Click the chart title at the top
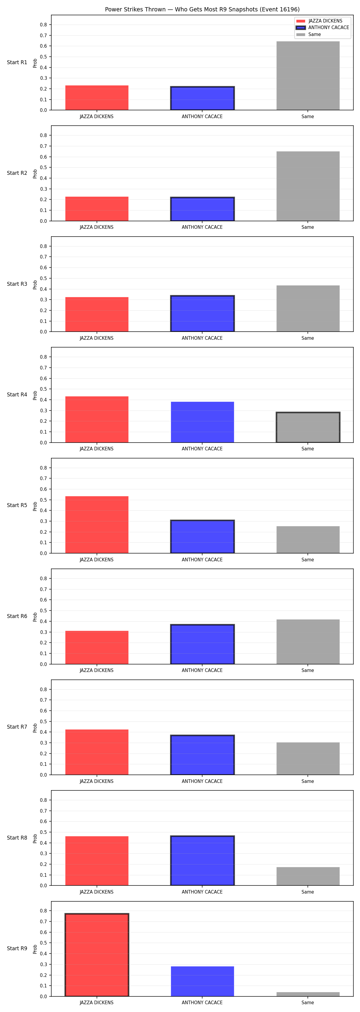tap(202, 9)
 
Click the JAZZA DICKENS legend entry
tap(319, 21)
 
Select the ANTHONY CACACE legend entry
tap(322, 28)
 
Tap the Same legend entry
tap(308, 34)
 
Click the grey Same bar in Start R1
tap(308, 76)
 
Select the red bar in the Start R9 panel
tap(97, 955)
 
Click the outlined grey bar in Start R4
tap(308, 427)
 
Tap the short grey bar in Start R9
tap(308, 994)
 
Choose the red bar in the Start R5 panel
tap(97, 525)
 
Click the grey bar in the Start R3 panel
tap(308, 308)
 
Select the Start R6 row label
tap(17, 616)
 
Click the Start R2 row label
tap(17, 173)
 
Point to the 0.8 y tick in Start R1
tap(43, 25)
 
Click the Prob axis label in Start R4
tap(35, 395)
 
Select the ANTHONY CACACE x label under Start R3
tap(202, 338)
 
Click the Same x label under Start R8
tap(308, 892)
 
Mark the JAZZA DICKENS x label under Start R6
tap(97, 670)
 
